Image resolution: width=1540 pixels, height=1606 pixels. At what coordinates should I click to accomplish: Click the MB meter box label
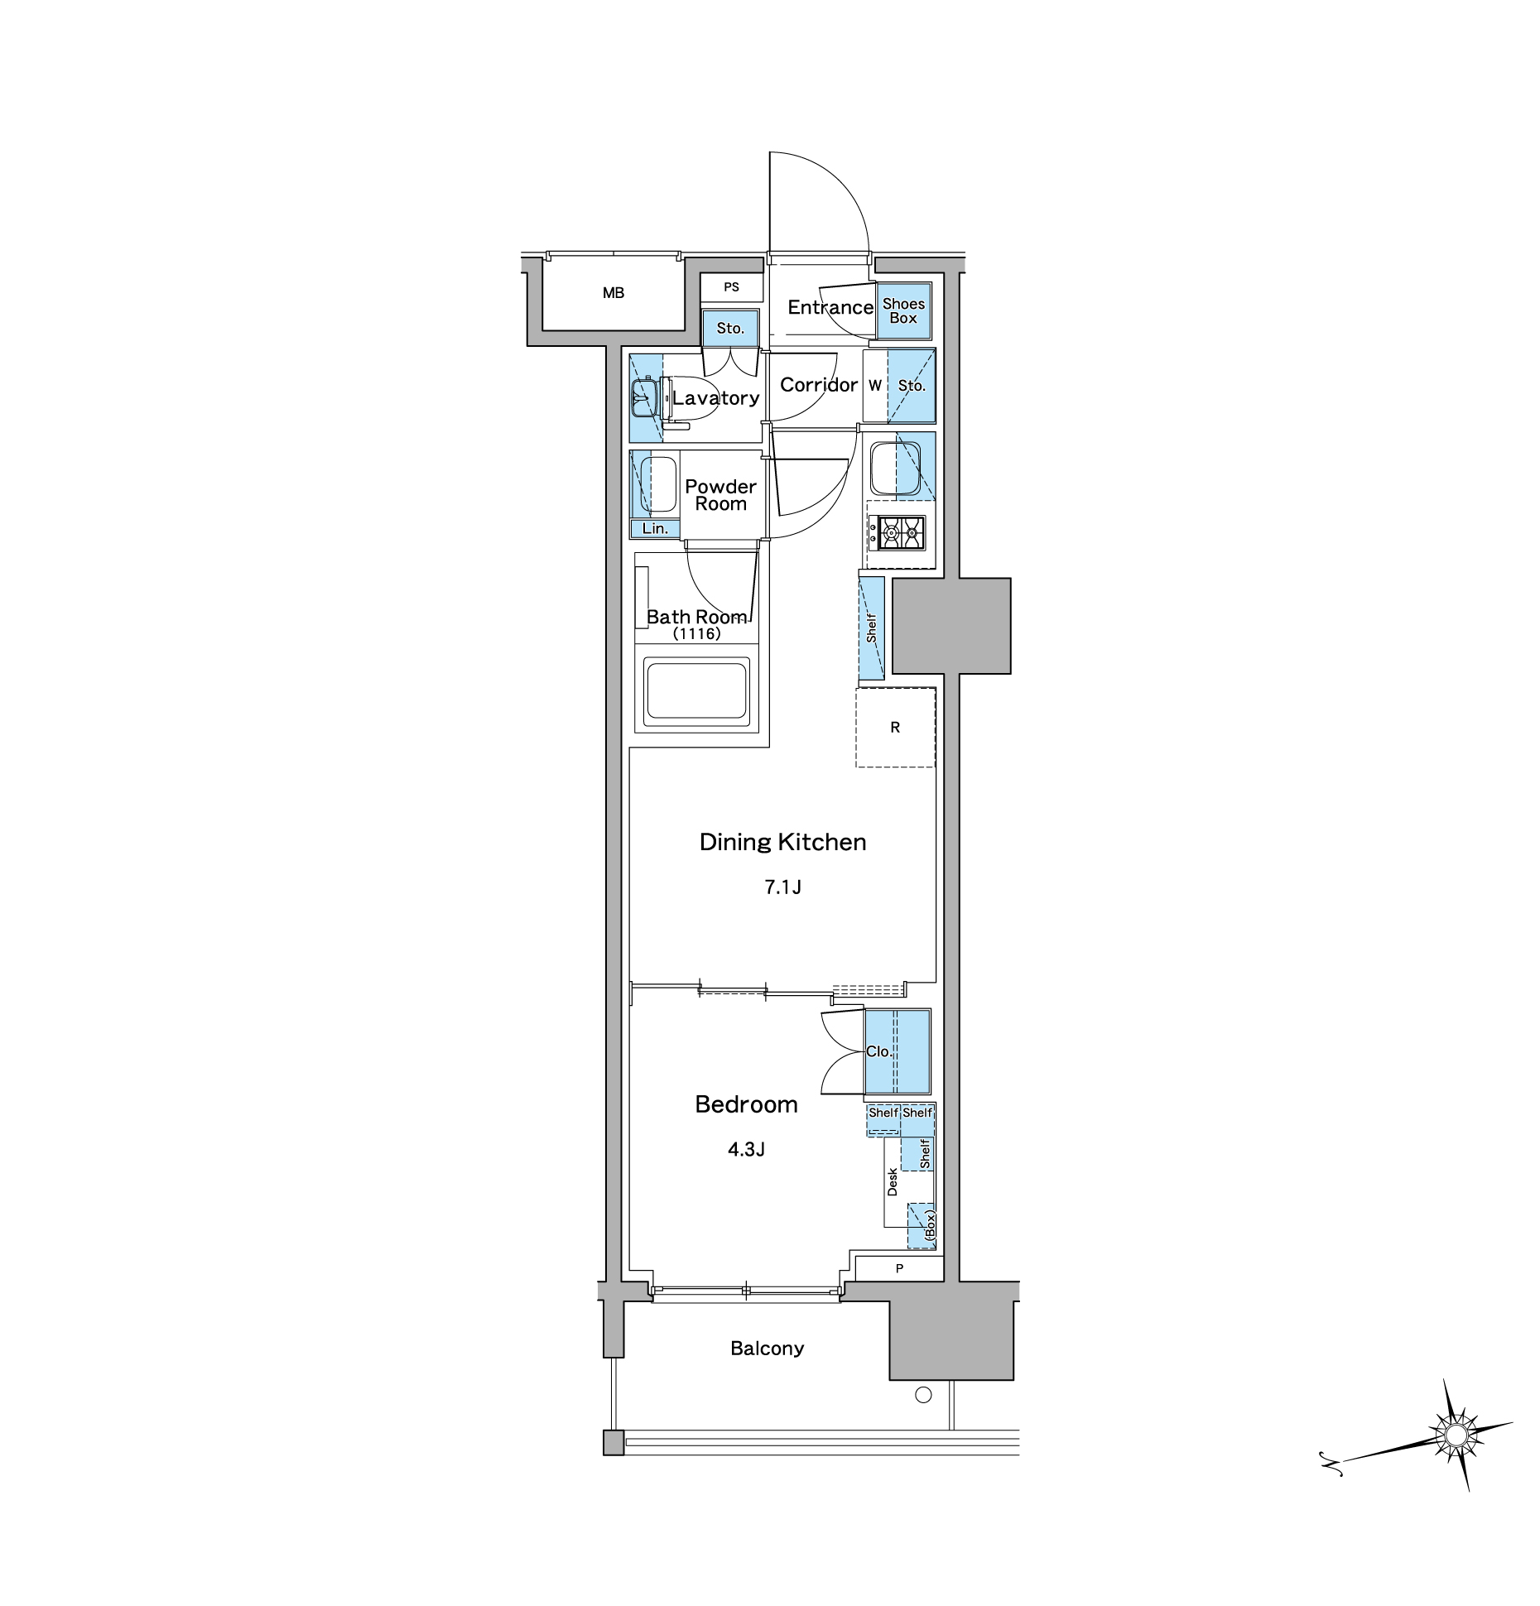[x=613, y=293]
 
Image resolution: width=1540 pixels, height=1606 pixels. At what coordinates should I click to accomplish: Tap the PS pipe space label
[x=731, y=287]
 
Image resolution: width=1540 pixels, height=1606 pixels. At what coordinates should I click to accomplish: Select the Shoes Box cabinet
[x=903, y=310]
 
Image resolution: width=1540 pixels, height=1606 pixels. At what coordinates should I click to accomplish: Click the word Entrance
[x=830, y=307]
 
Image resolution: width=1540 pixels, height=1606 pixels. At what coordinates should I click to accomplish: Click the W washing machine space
[x=875, y=386]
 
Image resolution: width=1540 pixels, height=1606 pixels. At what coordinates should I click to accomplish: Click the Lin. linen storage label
[x=655, y=528]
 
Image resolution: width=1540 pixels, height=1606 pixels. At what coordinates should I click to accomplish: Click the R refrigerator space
[x=895, y=728]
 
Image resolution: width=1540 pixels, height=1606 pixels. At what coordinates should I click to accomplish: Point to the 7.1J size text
[x=782, y=887]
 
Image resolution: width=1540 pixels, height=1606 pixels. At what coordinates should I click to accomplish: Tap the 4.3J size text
[x=746, y=1149]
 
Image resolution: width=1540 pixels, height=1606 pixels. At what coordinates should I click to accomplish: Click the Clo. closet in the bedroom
[x=898, y=1051]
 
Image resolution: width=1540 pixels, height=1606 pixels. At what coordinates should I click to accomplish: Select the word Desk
[x=893, y=1182]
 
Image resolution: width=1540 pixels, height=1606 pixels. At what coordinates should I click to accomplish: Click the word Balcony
[x=768, y=1349]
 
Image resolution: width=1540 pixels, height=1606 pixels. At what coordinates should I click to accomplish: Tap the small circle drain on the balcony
[x=923, y=1395]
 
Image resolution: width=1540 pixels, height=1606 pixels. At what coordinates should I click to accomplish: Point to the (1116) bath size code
[x=696, y=634]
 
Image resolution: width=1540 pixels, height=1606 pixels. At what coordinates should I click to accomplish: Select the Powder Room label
[x=721, y=495]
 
